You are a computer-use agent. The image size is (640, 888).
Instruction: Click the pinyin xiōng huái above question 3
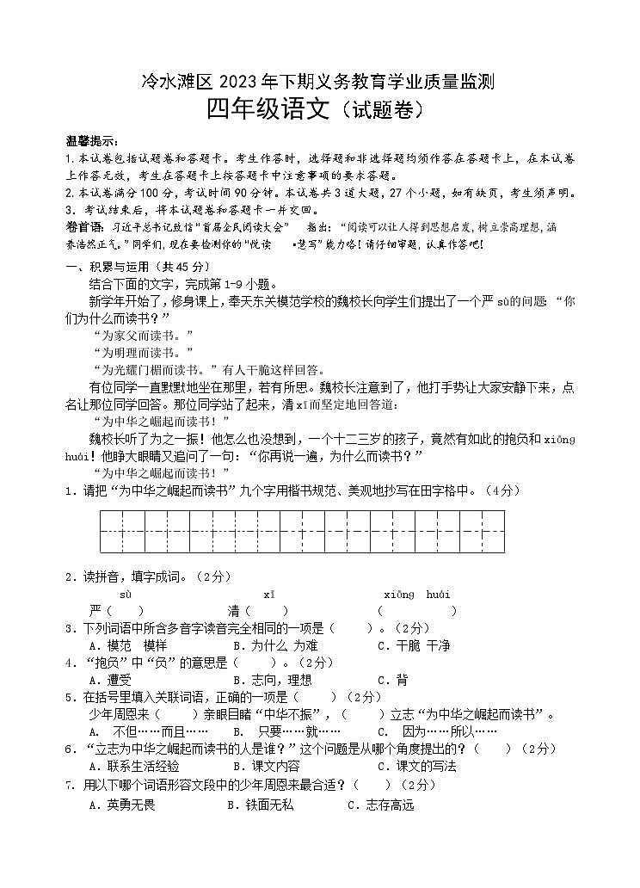point(417,595)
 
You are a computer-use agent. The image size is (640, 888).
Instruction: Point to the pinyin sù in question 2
point(126,595)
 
